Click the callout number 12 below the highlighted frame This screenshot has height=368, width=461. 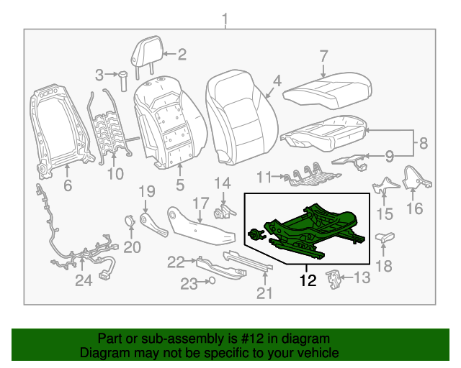pos(308,280)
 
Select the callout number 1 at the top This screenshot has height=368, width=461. pos(225,18)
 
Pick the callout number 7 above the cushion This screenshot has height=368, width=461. pos(324,56)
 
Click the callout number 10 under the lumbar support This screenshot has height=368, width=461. pos(115,173)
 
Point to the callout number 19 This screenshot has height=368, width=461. pos(146,191)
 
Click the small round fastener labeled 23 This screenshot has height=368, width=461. pos(212,282)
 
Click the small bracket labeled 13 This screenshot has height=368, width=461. pos(334,277)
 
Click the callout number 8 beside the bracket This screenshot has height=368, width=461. pos(423,143)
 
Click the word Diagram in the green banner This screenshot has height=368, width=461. pos(102,354)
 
